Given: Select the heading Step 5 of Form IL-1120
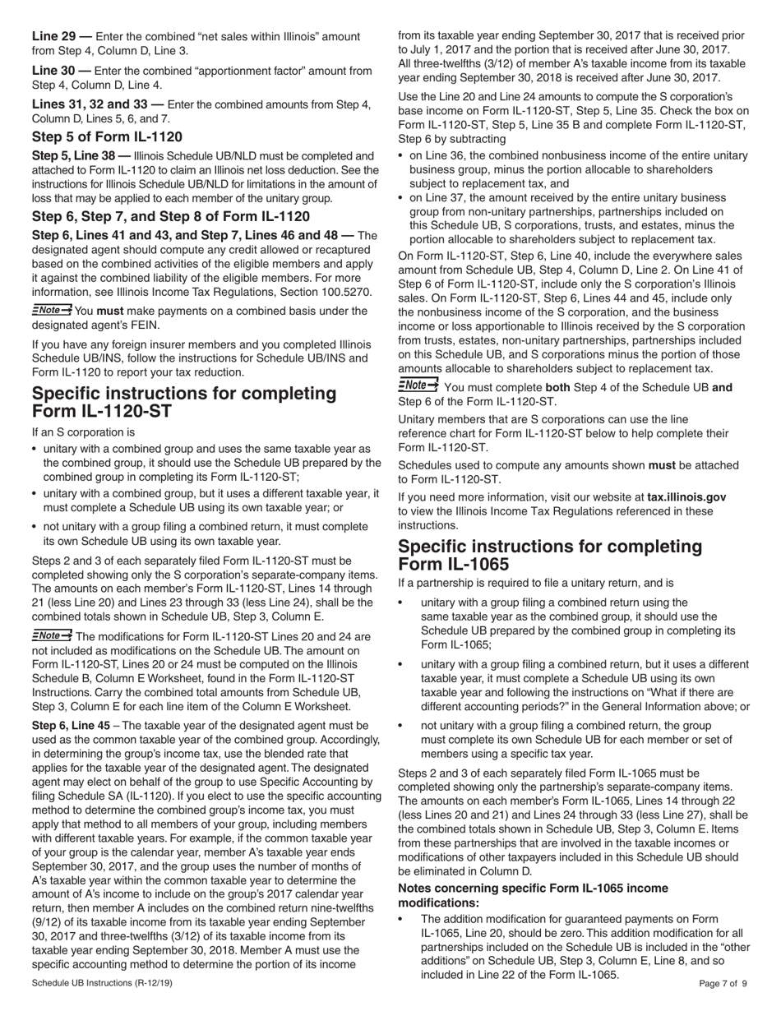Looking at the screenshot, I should (x=107, y=136).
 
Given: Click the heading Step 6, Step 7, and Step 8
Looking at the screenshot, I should (x=170, y=216).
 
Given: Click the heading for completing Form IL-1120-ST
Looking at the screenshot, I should (x=183, y=402).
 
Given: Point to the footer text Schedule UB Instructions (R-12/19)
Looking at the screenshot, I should (x=102, y=982).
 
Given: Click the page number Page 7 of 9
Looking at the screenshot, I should (x=723, y=982).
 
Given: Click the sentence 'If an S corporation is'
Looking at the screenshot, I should (x=84, y=432).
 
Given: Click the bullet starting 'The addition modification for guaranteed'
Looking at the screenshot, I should (x=575, y=946).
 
